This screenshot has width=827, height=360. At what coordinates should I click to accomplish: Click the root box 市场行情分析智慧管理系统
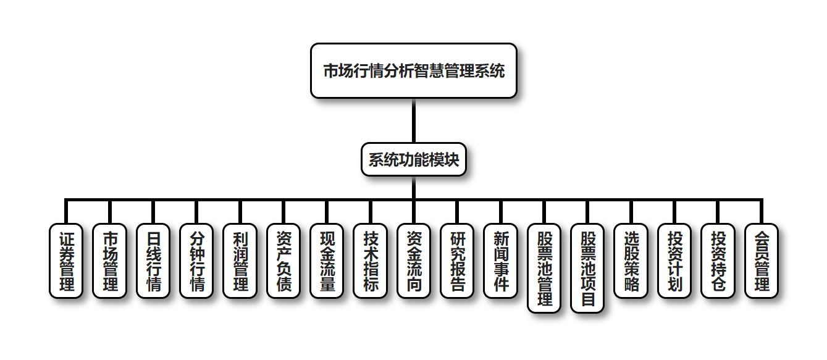tap(413, 71)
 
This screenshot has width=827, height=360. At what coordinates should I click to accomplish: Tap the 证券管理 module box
tap(66, 261)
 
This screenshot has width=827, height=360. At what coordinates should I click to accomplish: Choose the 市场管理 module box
tap(109, 261)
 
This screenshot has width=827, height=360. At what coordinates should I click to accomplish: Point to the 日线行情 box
tap(153, 261)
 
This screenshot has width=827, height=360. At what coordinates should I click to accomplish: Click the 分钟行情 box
tap(196, 261)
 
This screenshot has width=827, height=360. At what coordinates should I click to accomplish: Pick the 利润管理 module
tap(240, 261)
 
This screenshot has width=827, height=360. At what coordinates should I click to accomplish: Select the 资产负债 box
tap(283, 261)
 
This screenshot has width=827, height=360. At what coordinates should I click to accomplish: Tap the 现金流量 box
tap(327, 261)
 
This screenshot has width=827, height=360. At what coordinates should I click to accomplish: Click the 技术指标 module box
tap(371, 261)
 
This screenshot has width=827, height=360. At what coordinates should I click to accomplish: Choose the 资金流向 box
tap(414, 261)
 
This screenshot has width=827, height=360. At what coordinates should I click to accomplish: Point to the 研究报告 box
tap(457, 261)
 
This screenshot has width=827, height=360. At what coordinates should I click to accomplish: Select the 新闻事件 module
tap(501, 261)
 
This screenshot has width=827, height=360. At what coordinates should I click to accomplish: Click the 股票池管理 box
tap(544, 268)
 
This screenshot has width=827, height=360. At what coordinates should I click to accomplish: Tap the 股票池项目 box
tap(588, 268)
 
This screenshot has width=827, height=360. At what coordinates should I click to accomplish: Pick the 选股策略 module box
tap(631, 261)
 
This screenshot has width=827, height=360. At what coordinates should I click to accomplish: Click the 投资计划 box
tap(674, 261)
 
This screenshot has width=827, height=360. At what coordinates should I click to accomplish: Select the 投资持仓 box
tap(718, 261)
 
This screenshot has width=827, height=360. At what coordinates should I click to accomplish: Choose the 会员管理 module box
tap(762, 261)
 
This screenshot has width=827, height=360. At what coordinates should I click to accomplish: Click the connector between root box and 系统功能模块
tap(413, 121)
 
